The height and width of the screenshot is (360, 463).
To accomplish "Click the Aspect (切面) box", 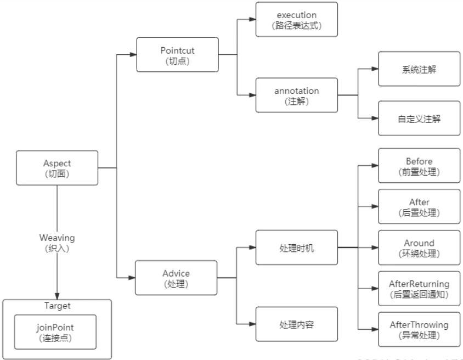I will pos(57,168).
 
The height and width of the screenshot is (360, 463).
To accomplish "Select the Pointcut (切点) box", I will pos(177,55).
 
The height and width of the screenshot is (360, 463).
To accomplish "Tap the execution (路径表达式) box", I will pos(297,19).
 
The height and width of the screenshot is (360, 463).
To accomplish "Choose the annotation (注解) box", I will pos(297,95).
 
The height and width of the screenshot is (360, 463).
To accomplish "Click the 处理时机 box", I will pos(297,248).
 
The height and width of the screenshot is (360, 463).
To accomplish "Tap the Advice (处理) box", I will pos(177,278).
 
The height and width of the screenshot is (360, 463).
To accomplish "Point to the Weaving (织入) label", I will pos(57,242).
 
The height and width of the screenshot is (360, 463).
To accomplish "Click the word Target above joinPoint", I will pos(57,306).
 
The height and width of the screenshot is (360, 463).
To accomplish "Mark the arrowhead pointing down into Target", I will pos(57,295).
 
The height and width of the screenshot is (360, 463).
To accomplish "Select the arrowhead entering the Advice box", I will pos(132,278).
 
